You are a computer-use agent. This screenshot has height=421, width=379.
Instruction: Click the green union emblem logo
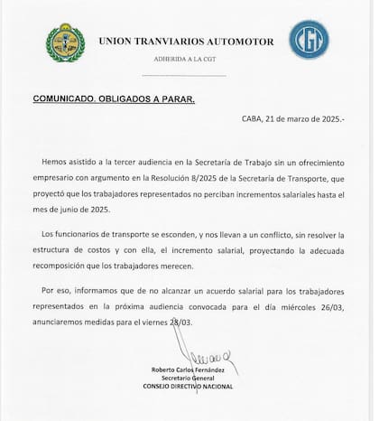point(66,42)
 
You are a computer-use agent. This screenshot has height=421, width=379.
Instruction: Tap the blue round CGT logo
point(308,40)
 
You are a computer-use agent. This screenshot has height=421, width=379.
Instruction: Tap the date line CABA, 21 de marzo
point(295,119)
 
